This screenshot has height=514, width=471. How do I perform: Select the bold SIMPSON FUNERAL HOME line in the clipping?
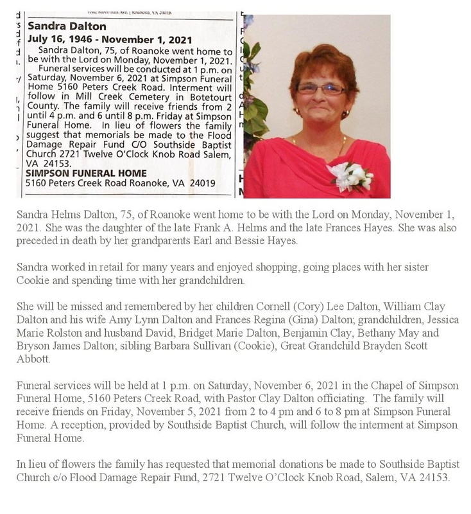click(x=85, y=173)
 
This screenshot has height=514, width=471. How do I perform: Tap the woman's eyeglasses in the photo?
click(x=320, y=89)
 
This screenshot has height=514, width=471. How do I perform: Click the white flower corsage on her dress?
click(x=350, y=175)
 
